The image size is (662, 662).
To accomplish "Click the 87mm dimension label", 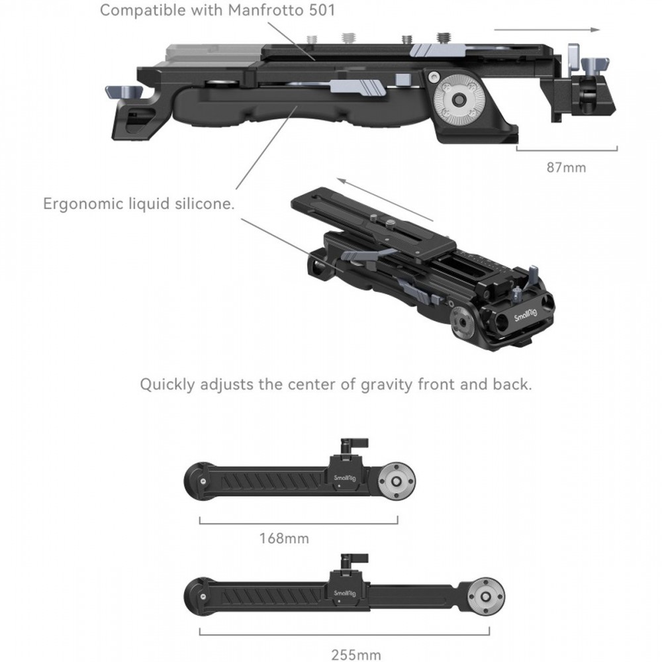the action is coord(566,167).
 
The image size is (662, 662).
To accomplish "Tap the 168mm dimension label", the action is coord(284,538).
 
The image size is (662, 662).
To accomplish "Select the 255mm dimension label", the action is coord(356,655).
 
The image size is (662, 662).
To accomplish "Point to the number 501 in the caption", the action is coord(322,10).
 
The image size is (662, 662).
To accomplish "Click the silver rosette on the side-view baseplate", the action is coord(456,100).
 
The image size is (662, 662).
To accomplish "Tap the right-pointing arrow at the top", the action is coord(547,30).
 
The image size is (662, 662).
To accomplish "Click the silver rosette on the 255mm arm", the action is coord(486,596).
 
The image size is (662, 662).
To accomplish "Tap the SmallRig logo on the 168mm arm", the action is coord(345,478).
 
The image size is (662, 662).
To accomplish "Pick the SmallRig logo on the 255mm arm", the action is coord(345,593).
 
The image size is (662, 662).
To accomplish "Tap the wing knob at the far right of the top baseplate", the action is coord(595,66).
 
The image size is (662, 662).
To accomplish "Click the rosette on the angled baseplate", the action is coord(460,322).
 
